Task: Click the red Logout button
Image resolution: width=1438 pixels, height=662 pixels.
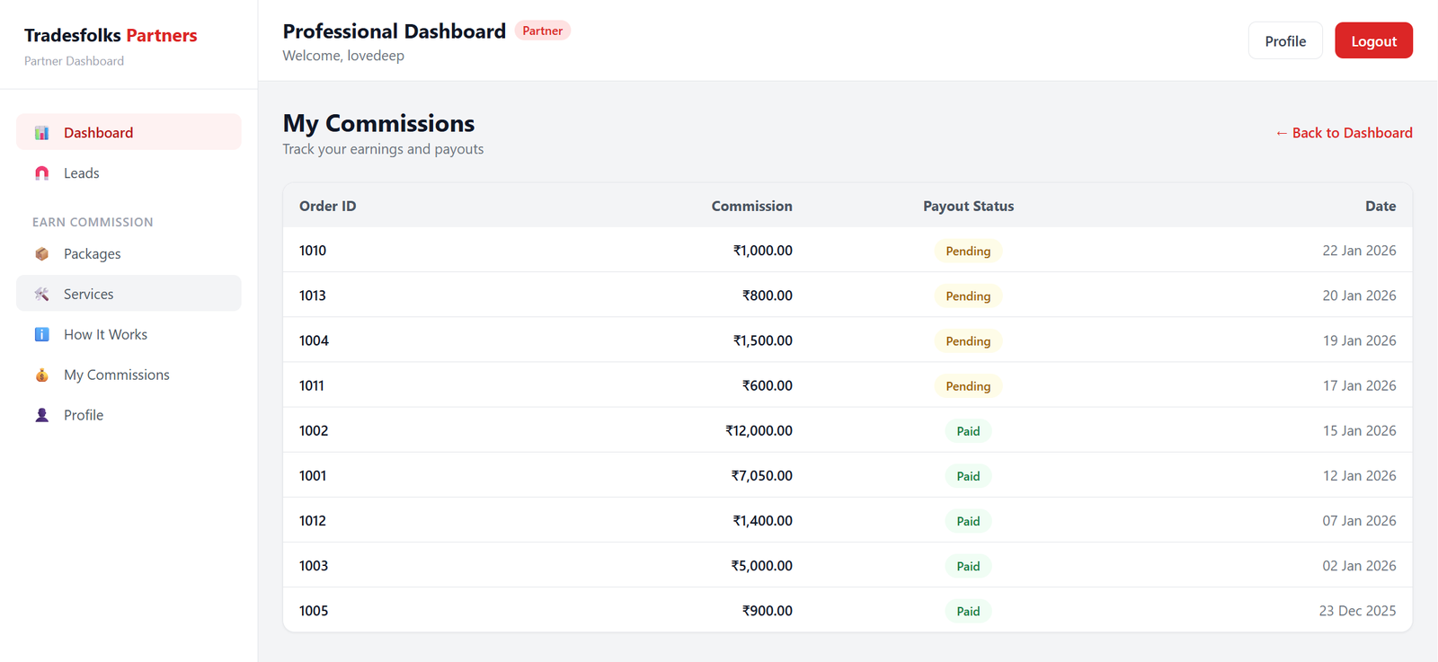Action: pos(1372,41)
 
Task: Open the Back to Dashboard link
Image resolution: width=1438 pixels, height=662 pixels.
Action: pos(1344,133)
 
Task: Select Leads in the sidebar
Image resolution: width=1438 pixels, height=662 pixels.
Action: pos(81,173)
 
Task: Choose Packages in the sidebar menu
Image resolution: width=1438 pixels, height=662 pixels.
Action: pos(92,254)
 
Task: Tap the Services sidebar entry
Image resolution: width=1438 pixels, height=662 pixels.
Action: pos(88,294)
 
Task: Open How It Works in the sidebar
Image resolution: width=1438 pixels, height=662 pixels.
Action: pos(105,334)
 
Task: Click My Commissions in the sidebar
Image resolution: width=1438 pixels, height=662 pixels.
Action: pos(116,375)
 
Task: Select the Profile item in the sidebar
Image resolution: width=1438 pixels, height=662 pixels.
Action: pos(84,415)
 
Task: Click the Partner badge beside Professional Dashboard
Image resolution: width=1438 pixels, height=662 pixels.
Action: pos(542,31)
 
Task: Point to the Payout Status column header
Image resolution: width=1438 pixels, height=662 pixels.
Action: pos(968,206)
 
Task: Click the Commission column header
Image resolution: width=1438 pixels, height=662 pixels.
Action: pos(751,206)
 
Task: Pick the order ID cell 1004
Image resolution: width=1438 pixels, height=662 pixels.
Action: pos(314,340)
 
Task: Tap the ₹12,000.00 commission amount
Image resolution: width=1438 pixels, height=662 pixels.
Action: pos(759,430)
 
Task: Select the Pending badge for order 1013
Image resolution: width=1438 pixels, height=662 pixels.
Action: pos(968,296)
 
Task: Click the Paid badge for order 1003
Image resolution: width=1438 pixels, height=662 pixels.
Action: pos(968,566)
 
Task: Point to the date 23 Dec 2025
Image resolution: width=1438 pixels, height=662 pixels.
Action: pos(1357,611)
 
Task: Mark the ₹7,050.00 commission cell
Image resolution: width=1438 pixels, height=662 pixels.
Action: pos(761,475)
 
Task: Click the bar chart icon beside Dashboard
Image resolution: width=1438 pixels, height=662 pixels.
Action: pos(41,133)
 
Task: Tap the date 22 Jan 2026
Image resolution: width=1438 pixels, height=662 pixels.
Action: pos(1359,251)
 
